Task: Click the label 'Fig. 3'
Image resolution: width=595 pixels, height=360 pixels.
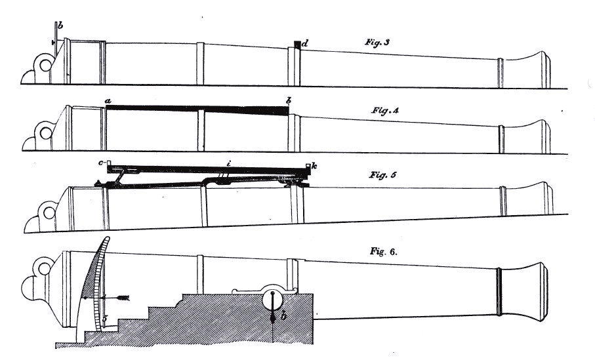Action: pos(377,42)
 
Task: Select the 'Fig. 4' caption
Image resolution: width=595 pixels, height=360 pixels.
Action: pos(385,111)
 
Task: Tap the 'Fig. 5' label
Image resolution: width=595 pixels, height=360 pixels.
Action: pos(382,175)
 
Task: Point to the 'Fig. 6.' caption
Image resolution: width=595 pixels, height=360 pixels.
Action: pos(384,252)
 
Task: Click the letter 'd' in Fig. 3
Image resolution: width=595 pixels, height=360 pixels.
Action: pos(304,45)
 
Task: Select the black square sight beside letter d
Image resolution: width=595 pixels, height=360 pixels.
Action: pos(298,45)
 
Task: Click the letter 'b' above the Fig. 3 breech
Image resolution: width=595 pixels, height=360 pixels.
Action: pos(60,26)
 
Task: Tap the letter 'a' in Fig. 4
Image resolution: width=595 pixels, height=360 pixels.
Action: pos(108,101)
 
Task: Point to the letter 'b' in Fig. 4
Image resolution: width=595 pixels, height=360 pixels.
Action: pos(289,101)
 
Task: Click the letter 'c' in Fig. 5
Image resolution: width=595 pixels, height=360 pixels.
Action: pos(101,163)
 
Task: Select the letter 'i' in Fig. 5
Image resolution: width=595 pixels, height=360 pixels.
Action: pos(228,164)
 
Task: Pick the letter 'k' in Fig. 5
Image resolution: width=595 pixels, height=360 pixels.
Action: pos(314,166)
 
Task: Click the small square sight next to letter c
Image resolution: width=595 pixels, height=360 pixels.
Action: pos(108,163)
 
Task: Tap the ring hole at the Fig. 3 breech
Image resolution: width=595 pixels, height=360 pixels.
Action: pos(45,66)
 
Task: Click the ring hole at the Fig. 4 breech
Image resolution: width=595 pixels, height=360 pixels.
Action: pos(46,133)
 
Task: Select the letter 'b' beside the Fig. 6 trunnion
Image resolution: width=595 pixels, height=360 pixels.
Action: pos(283,315)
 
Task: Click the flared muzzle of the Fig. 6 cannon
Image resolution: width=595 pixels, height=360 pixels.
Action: pos(523,291)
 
